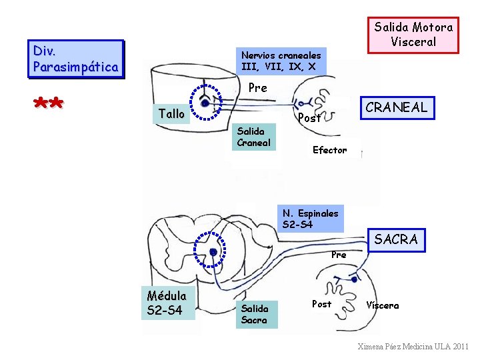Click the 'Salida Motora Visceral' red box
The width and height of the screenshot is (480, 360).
(413, 35)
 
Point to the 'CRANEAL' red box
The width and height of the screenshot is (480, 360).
(396, 107)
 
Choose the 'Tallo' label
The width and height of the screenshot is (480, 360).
(172, 114)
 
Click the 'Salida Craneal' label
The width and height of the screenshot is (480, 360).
(254, 137)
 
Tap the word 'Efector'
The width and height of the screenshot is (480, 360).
(329, 150)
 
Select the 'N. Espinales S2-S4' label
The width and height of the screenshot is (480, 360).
(311, 219)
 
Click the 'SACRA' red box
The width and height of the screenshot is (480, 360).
(396, 239)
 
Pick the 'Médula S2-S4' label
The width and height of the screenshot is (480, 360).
(167, 303)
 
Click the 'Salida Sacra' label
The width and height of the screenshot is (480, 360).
(255, 314)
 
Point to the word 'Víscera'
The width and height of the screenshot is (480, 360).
(382, 305)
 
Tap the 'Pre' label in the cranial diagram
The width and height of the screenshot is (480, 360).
(257, 88)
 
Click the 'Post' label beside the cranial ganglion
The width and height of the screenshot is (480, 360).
(310, 119)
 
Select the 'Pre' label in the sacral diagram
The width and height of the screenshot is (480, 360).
(339, 255)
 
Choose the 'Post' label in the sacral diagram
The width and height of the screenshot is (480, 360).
(321, 304)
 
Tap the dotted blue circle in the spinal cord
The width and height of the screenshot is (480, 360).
(213, 251)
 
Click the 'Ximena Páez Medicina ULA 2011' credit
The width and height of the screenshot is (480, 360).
(413, 347)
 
